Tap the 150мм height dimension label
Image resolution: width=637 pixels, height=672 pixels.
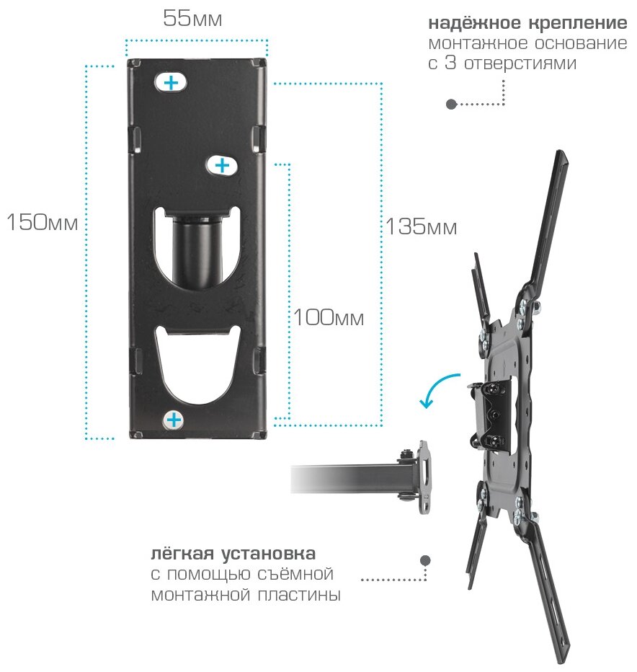42,222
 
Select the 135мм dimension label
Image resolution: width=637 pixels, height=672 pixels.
421,227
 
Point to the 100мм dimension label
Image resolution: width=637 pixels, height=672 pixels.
328,317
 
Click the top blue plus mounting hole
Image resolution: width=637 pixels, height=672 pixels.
171,83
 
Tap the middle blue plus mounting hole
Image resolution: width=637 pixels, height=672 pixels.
222,166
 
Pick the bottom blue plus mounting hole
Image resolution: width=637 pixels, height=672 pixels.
174,419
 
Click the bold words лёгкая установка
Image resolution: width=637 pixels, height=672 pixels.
233,554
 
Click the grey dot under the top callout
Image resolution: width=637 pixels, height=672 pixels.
451,104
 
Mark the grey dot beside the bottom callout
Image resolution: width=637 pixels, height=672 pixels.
425,560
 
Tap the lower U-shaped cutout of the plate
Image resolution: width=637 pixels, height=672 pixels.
197,361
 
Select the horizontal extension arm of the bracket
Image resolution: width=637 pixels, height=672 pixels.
346,479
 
